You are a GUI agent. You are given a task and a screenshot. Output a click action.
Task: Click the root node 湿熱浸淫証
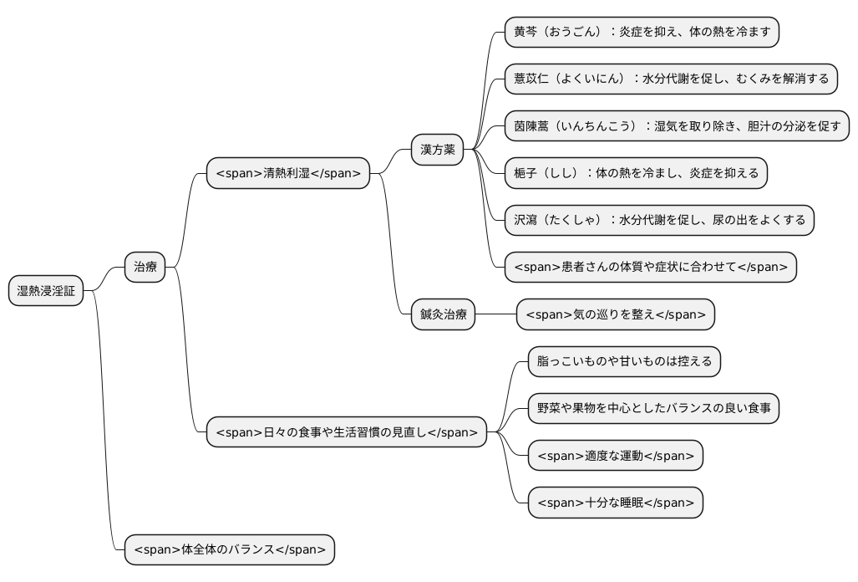click(46, 291)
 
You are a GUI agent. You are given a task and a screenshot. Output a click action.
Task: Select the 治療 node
click(145, 268)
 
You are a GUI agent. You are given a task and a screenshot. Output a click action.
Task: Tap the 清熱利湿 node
click(288, 173)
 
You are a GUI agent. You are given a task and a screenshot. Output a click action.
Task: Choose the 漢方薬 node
click(437, 150)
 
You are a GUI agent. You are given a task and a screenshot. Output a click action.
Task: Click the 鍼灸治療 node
click(443, 314)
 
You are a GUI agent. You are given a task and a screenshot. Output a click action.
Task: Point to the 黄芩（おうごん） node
click(641, 32)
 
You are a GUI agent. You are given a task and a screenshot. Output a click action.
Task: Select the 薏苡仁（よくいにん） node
click(671, 79)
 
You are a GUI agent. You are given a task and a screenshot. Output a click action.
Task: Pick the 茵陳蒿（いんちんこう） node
click(677, 126)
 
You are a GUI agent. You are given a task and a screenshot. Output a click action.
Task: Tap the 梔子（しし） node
click(636, 173)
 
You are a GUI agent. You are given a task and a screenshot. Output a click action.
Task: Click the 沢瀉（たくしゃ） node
click(659, 220)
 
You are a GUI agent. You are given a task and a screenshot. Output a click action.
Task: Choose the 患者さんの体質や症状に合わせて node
click(650, 268)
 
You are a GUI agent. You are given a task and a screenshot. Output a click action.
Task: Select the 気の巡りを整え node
click(616, 314)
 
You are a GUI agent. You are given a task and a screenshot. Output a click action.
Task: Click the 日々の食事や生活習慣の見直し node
click(347, 432)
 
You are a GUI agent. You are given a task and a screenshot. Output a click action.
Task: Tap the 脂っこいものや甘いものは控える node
click(624, 361)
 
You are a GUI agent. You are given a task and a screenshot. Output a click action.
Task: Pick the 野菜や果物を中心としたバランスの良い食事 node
click(653, 409)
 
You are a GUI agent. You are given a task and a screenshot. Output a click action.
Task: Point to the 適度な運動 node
click(616, 456)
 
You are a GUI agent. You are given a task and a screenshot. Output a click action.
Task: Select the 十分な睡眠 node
click(616, 503)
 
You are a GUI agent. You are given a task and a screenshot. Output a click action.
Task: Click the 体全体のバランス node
click(229, 550)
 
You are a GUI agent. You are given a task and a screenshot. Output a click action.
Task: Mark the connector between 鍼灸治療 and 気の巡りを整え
click(495, 314)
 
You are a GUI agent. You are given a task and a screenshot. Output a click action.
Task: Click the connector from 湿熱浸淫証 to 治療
click(104, 279)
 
